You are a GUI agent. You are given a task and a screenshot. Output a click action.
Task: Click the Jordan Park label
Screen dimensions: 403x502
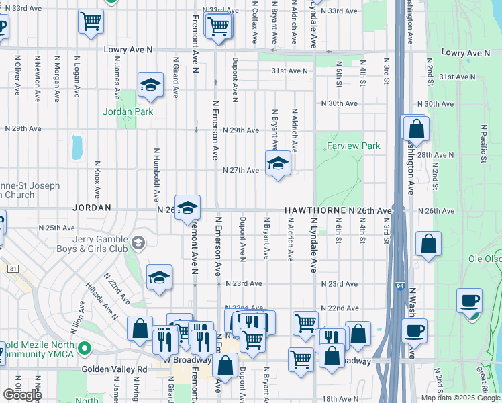point(128,111)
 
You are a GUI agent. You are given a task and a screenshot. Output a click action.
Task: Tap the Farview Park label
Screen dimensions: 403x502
point(353,146)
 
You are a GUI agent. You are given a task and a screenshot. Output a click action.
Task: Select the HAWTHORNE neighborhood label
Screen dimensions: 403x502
point(315,210)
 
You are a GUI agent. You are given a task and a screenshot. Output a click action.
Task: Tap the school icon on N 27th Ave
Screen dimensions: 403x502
point(278,163)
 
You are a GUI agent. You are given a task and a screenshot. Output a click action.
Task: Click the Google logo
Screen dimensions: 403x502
point(21,395)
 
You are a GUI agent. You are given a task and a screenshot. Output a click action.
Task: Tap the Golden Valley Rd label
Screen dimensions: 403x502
point(114,369)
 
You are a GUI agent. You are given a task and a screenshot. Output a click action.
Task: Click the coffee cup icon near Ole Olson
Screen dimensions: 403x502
point(469,300)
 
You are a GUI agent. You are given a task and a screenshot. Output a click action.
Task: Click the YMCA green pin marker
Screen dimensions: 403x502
point(85,349)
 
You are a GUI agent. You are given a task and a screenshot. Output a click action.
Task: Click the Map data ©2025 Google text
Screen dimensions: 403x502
point(460,398)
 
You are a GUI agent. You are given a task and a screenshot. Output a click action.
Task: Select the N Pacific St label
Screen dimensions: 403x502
point(483,148)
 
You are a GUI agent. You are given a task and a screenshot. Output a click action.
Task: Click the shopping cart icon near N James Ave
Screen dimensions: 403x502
point(90,21)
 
